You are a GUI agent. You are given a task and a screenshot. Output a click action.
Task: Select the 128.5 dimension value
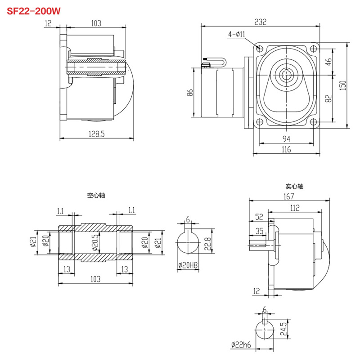[x=97, y=133]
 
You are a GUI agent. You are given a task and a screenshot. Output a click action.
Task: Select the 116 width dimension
[x=286, y=149]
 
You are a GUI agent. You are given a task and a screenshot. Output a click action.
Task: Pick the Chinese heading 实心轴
[x=295, y=186]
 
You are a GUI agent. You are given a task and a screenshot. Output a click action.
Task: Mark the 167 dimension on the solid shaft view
[x=288, y=196]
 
